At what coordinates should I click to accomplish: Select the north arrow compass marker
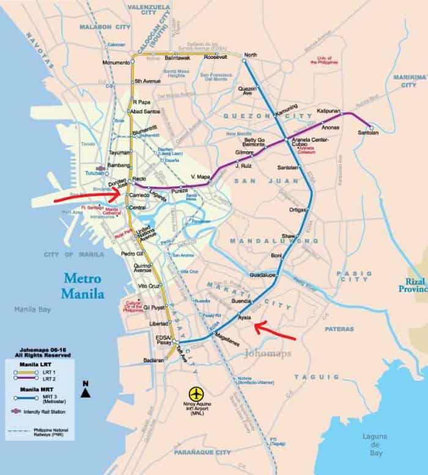(x=86, y=384)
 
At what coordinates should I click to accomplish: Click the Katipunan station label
(x=328, y=111)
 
